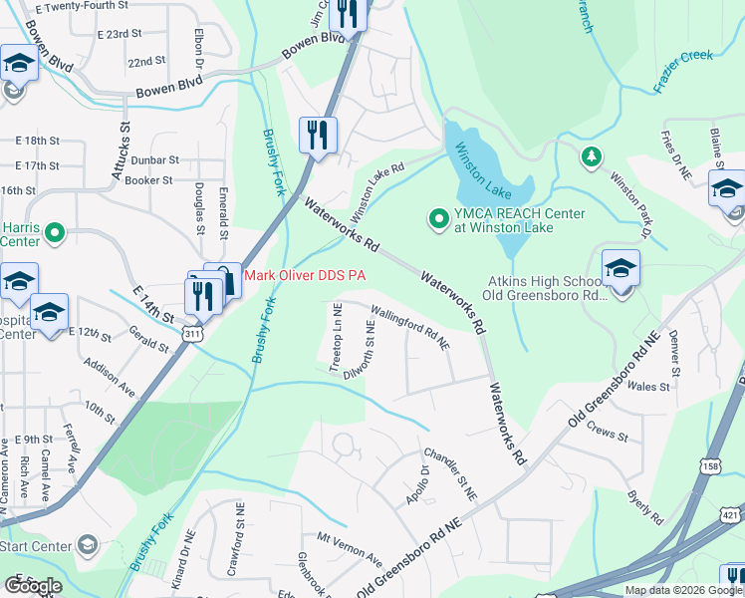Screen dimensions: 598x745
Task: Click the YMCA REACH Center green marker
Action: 437,216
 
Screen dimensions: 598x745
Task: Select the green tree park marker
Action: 592,156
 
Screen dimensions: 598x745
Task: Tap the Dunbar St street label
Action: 153,159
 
